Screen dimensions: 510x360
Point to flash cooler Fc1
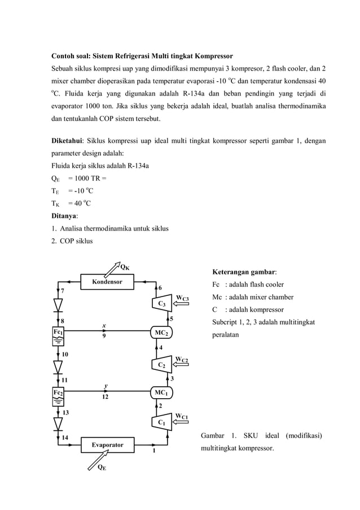(59, 333)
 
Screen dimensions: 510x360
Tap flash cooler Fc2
(59, 393)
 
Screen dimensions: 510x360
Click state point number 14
(65, 437)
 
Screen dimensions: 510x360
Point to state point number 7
(63, 290)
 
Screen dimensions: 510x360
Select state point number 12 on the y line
(105, 397)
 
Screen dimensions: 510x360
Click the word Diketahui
(67, 140)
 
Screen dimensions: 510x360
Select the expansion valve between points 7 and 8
(58, 305)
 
